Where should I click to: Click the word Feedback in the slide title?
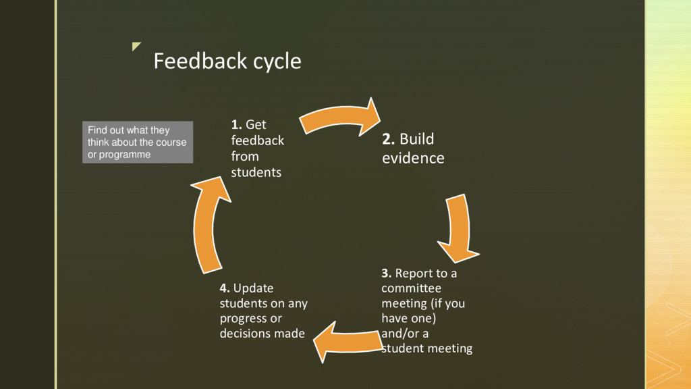pyautogui.click(x=200, y=61)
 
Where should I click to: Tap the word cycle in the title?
pyautogui.click(x=277, y=62)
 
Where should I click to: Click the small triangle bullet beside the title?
pyautogui.click(x=137, y=47)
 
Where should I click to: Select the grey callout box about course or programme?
pyautogui.click(x=138, y=142)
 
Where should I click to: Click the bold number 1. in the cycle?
pyautogui.click(x=237, y=124)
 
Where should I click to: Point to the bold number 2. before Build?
pyautogui.click(x=389, y=139)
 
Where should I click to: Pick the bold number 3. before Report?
pyautogui.click(x=387, y=274)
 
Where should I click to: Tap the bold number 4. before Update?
pyautogui.click(x=225, y=288)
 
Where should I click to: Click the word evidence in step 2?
pyautogui.click(x=413, y=159)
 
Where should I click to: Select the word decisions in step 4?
pyautogui.click(x=244, y=333)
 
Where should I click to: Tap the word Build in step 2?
pyautogui.click(x=417, y=139)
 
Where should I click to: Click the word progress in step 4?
pyautogui.click(x=241, y=318)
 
